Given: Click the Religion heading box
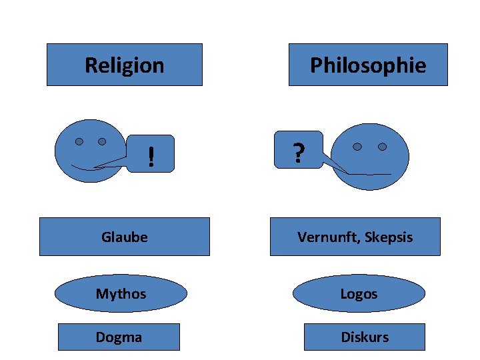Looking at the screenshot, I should coord(124,65).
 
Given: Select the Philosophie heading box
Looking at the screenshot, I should coord(368,65).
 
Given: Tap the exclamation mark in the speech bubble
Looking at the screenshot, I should coord(152,157).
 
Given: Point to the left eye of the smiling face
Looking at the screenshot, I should coord(79,141).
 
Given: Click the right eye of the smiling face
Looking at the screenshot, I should coord(102,141).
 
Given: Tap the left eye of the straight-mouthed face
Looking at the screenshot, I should coord(358,147).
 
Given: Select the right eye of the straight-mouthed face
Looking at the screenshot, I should coord(382,147).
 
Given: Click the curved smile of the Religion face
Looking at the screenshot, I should coord(83,167).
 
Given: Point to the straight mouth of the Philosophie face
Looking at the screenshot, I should coord(369,174).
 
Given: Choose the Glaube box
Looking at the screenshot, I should coord(124,237).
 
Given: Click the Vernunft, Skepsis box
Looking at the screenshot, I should coord(355,237).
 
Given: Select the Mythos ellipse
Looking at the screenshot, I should coord(121,293).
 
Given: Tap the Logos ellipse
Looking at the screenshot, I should coord(359,293).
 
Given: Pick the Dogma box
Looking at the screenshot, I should coord(119,337).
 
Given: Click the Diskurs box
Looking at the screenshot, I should coord(365,337).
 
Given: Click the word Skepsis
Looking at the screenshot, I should coord(389,237).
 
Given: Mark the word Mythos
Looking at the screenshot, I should coord(121,293).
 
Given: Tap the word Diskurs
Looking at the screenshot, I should coord(365,337).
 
